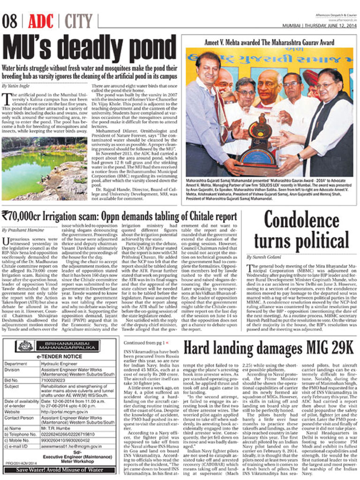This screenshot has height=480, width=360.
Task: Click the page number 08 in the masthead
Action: [x=10, y=22]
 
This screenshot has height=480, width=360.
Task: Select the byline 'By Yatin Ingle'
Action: [x=15, y=86]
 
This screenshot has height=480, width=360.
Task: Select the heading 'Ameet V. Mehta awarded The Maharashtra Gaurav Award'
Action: [x=270, y=42]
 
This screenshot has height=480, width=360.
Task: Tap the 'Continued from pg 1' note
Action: [x=145, y=343]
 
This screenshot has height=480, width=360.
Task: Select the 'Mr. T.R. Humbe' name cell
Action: [x=53, y=428]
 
